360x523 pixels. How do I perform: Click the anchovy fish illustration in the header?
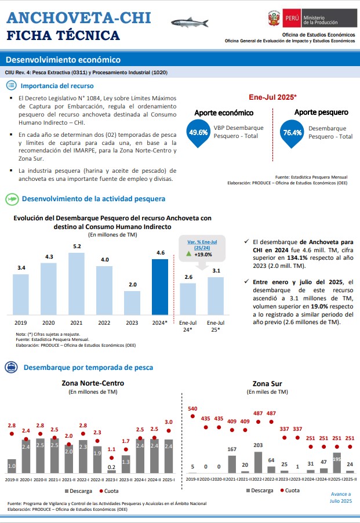[x=190, y=23]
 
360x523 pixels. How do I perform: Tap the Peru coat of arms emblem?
[x=274, y=18]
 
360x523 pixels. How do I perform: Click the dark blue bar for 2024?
[x=160, y=287]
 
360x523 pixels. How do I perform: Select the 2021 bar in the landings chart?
[x=77, y=284]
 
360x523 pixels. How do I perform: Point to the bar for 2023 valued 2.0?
[x=132, y=303]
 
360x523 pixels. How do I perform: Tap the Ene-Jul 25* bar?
[x=216, y=296]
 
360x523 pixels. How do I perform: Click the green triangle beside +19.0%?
[x=188, y=254]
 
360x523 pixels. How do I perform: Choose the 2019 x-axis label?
[x=21, y=322]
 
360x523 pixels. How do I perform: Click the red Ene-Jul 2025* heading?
[x=272, y=97]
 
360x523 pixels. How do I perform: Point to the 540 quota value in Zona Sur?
[x=192, y=409]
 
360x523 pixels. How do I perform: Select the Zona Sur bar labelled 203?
[x=258, y=462]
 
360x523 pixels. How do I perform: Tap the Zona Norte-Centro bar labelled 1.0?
[x=12, y=466]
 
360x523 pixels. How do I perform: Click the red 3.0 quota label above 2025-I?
[x=169, y=422]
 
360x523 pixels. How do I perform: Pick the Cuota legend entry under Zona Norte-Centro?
[x=108, y=491]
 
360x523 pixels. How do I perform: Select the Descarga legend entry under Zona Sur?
[x=259, y=491]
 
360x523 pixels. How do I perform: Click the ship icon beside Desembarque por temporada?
[x=12, y=367]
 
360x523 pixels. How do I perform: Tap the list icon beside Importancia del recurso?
[x=12, y=86]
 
